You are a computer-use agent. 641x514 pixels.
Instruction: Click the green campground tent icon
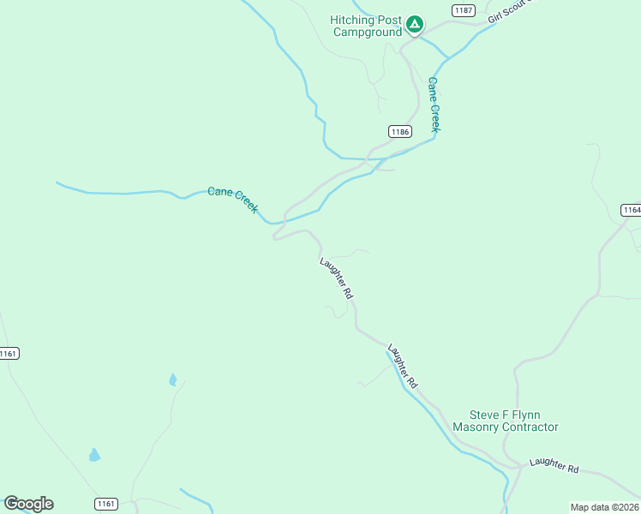click(x=415, y=24)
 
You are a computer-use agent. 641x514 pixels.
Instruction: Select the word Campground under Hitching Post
click(x=367, y=33)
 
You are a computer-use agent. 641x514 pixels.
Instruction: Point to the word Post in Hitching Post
click(x=392, y=20)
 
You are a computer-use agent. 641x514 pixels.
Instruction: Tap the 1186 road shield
click(x=399, y=132)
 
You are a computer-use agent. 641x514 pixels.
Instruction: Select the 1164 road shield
click(x=632, y=210)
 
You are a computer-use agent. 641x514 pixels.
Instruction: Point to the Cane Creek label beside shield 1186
click(x=434, y=105)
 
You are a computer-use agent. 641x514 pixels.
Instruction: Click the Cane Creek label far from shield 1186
click(x=233, y=200)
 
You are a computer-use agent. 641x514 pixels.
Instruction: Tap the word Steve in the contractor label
click(x=485, y=415)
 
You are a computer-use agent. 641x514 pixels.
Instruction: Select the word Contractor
click(x=530, y=427)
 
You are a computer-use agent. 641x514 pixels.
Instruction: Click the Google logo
click(x=28, y=504)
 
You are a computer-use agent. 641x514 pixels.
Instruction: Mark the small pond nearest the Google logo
click(x=94, y=455)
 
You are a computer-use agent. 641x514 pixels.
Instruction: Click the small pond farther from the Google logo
click(x=173, y=380)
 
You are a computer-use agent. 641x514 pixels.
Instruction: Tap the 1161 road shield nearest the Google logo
click(x=105, y=503)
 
